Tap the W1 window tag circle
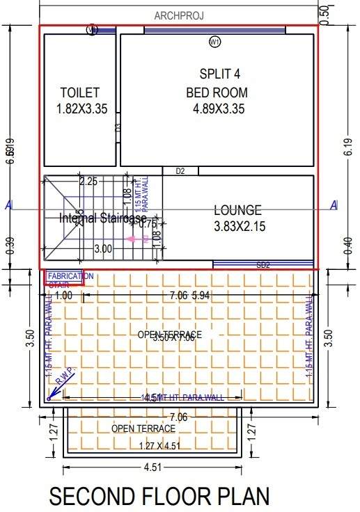(x=214, y=42)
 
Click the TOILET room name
(x=80, y=93)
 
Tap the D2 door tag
(x=180, y=170)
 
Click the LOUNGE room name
(x=237, y=209)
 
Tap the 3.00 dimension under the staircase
(x=103, y=248)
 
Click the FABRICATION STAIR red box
(x=65, y=278)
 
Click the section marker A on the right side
(x=334, y=205)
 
